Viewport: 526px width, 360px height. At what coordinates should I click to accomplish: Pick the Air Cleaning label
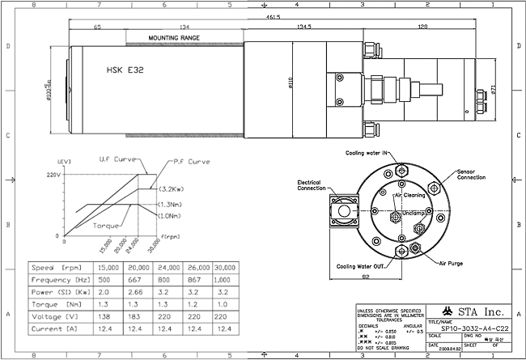(410, 196)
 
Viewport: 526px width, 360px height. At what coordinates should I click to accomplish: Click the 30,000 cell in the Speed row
(227, 266)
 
